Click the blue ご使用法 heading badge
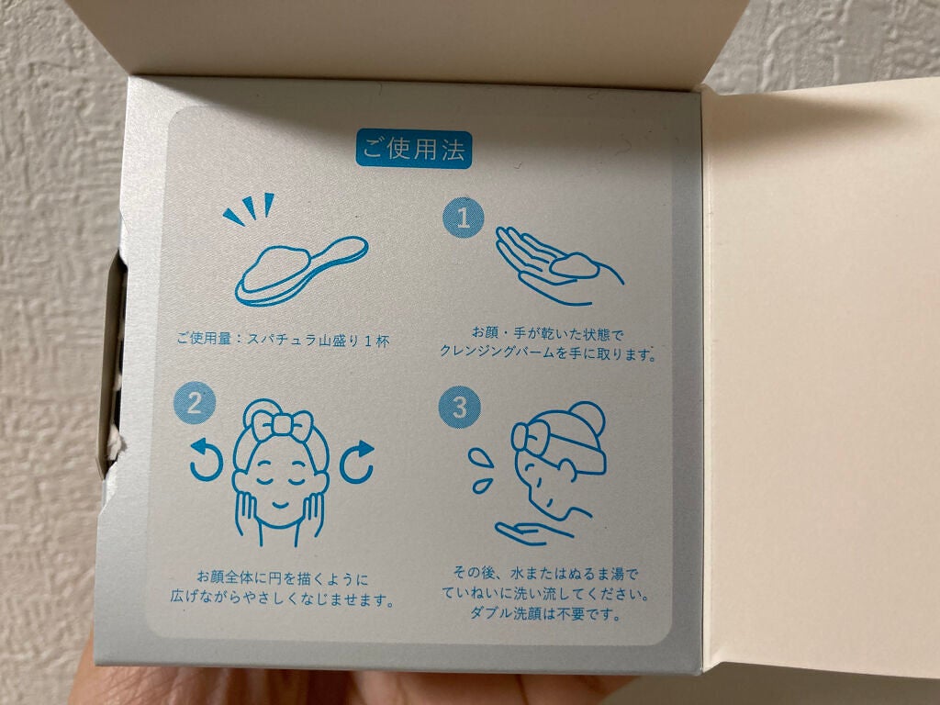click(414, 150)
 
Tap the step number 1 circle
click(464, 218)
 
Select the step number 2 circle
click(195, 403)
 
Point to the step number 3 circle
click(459, 407)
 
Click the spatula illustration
click(301, 271)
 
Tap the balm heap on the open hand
click(575, 265)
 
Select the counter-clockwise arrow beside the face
click(207, 461)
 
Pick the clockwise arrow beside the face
click(357, 462)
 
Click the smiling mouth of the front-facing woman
click(280, 504)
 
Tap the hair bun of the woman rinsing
click(585, 418)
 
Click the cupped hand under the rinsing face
click(532, 532)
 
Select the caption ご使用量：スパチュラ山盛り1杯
click(283, 340)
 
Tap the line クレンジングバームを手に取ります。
click(548, 352)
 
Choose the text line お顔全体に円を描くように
click(283, 578)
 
